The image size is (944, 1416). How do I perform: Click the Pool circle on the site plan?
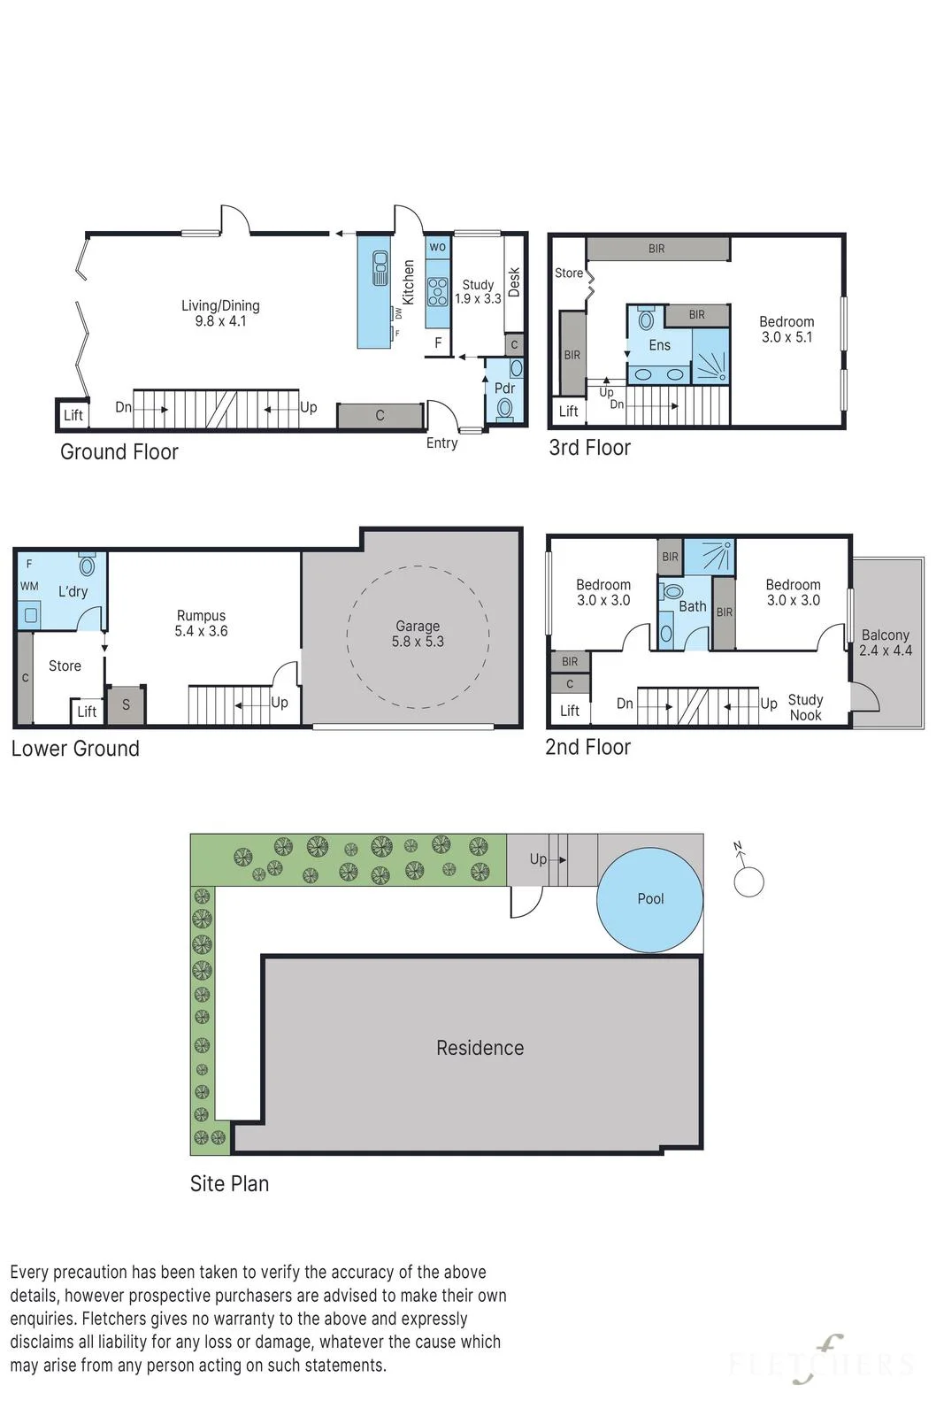pos(649,899)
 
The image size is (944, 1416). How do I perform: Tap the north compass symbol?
pos(748,875)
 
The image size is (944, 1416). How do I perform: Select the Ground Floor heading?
pos(119,452)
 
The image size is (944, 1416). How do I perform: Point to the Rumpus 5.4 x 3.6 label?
pos(201,623)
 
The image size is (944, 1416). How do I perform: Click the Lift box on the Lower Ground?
pos(88,712)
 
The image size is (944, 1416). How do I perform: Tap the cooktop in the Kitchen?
pos(437,292)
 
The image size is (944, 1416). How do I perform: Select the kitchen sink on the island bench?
pos(380,268)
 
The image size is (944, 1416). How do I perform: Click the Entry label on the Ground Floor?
pos(441,443)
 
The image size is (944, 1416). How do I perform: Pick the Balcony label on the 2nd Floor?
pos(886,643)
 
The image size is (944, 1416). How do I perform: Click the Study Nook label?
pos(805,707)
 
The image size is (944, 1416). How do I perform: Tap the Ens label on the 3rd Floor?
pos(659,345)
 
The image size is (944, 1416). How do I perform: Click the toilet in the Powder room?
pos(504,408)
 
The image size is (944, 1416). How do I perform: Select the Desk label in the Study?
pos(514,282)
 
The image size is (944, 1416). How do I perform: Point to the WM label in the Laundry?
pos(29,586)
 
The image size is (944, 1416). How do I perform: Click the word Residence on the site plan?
pos(480,1048)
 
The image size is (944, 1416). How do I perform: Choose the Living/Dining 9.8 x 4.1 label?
pos(220,313)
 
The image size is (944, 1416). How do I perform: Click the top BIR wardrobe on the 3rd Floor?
pos(657,249)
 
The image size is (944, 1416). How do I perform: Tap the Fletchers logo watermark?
pos(821,1364)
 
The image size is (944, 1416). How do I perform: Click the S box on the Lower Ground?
pos(126,704)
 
